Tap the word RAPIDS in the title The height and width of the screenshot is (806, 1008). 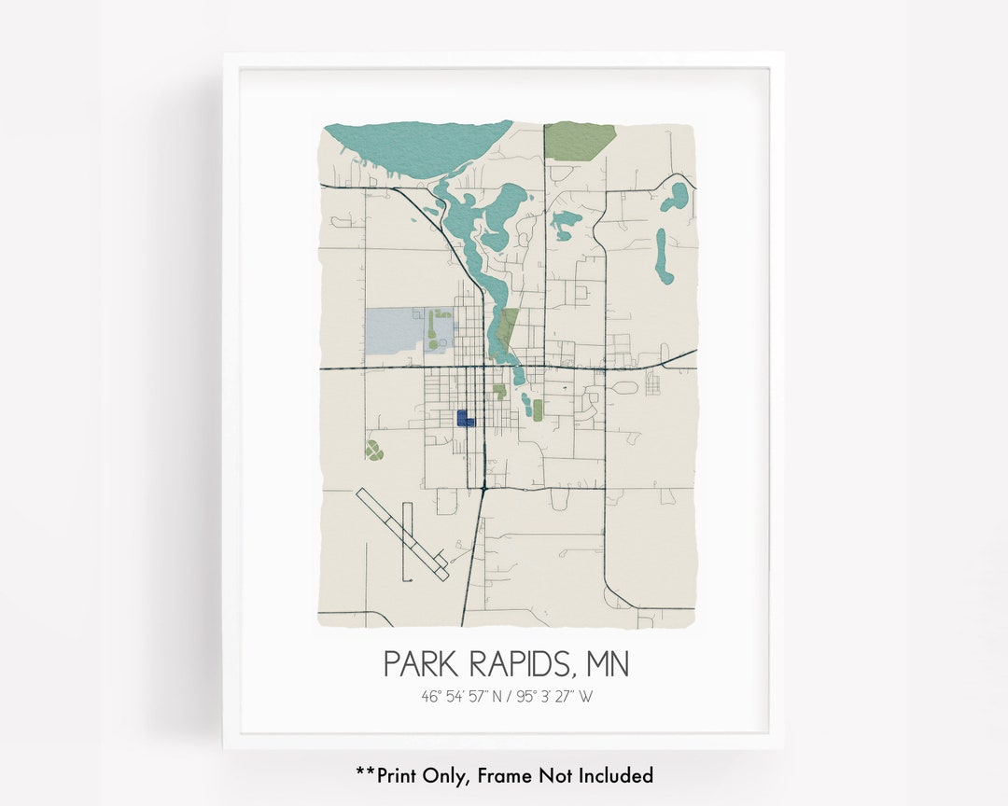(x=519, y=664)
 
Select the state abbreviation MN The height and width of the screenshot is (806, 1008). (x=608, y=664)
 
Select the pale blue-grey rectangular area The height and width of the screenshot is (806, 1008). (x=396, y=330)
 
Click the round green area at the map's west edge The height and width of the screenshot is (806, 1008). (x=373, y=452)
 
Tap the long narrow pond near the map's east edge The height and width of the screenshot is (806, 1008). (x=662, y=256)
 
